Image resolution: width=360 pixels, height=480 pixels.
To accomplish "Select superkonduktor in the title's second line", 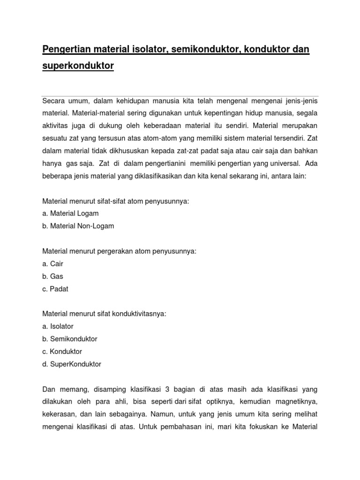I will pyautogui.click(x=78, y=66).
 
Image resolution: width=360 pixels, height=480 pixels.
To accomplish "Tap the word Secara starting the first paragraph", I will pyautogui.click(x=54, y=101).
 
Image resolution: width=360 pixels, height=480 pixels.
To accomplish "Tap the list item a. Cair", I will pyautogui.click(x=52, y=264).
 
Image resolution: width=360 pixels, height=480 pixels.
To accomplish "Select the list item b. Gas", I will pyautogui.click(x=52, y=277).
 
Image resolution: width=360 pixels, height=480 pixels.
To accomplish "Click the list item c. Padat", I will pyautogui.click(x=55, y=289).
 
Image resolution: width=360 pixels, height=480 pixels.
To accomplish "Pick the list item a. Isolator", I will pyautogui.click(x=58, y=326).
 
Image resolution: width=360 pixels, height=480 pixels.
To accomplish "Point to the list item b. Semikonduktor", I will pyautogui.click(x=70, y=339).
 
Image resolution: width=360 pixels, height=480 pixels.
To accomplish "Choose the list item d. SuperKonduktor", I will pyautogui.click(x=72, y=364).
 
